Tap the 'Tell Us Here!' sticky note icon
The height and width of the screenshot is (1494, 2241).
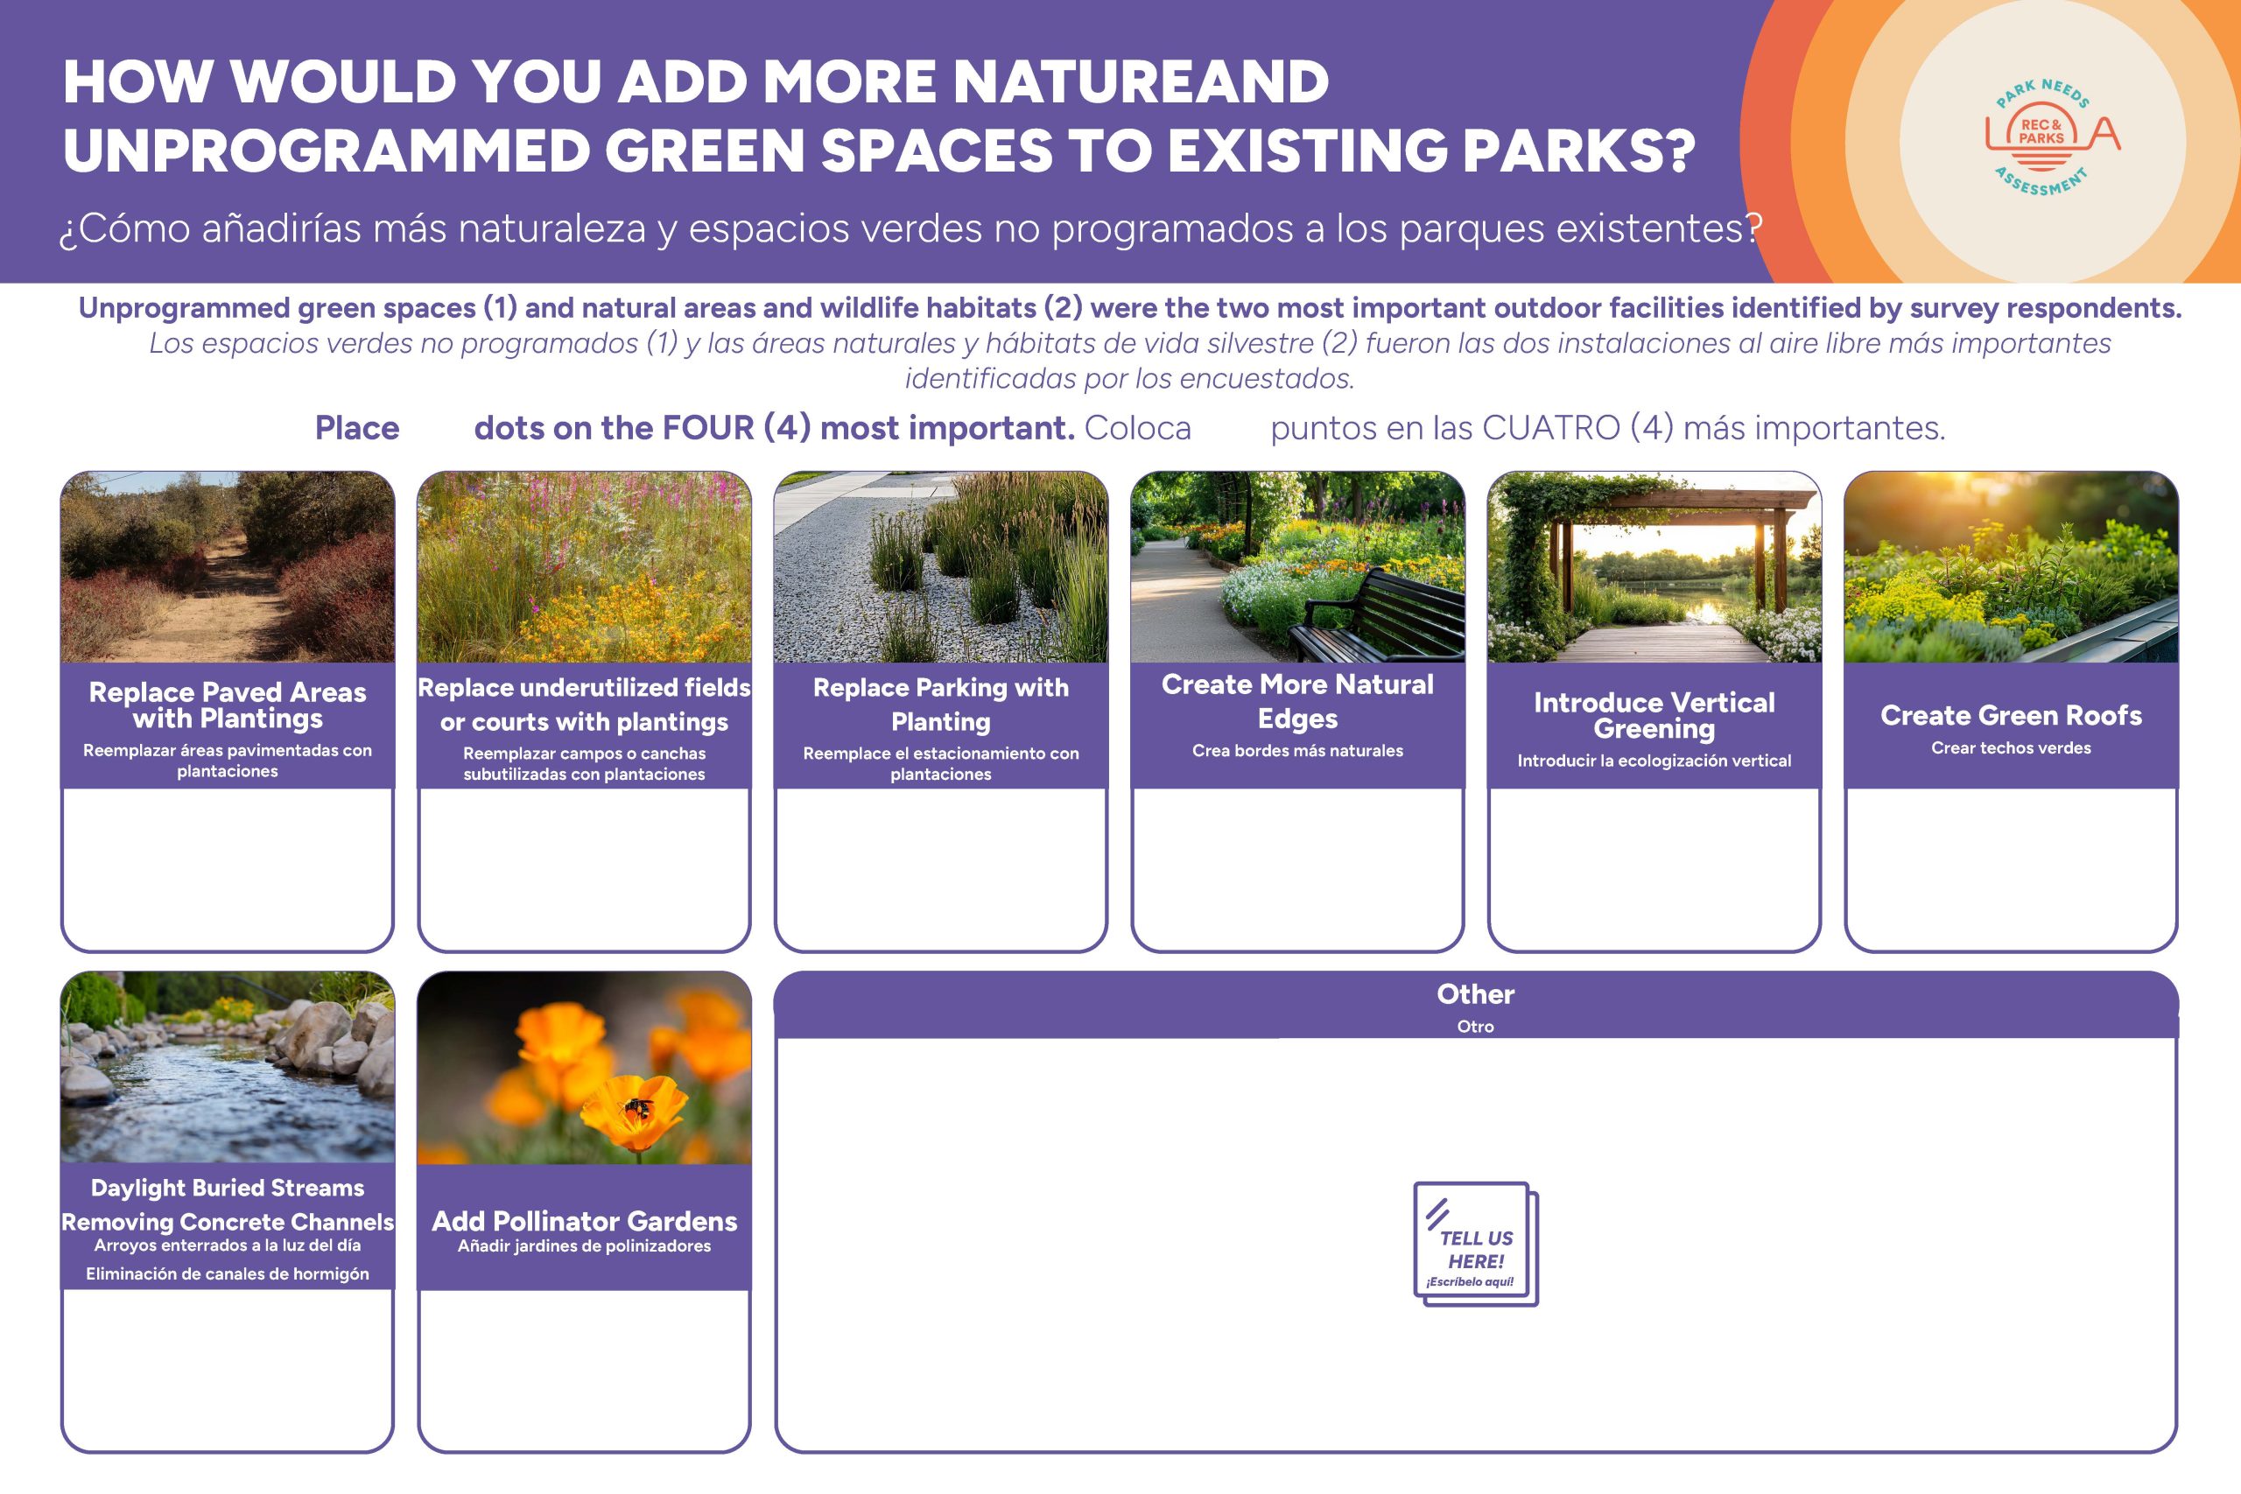click(x=1476, y=1244)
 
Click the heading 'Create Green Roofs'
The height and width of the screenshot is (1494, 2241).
click(x=2011, y=716)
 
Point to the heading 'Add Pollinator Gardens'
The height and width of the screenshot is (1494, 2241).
click(x=584, y=1221)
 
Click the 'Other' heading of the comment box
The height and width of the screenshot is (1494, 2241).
click(x=1475, y=993)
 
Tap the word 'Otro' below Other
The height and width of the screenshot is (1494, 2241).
click(x=1475, y=1026)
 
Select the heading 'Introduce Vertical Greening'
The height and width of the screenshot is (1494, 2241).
click(x=1654, y=716)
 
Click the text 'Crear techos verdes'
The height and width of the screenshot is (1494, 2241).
click(x=2011, y=748)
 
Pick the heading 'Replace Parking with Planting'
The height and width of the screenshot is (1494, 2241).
click(x=940, y=705)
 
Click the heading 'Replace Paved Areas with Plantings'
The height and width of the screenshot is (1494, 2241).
click(x=227, y=705)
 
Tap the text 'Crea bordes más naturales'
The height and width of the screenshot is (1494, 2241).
click(x=1296, y=751)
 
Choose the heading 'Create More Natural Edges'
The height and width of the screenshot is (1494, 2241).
click(x=1296, y=701)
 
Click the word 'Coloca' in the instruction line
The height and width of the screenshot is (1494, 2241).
click(x=1138, y=428)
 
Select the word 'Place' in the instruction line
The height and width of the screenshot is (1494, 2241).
click(x=357, y=428)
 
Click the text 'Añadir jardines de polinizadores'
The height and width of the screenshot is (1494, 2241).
click(x=584, y=1246)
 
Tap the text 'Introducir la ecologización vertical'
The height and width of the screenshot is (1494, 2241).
click(x=1654, y=761)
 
